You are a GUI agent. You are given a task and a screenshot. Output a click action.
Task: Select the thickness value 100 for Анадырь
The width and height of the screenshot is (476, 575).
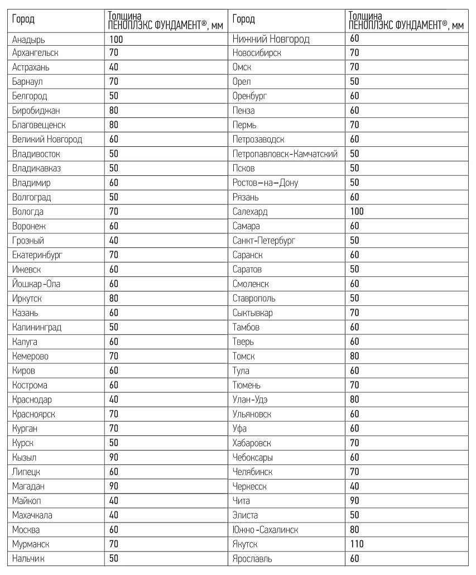(116, 39)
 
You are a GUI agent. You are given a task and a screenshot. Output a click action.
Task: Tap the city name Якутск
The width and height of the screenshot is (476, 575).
(245, 544)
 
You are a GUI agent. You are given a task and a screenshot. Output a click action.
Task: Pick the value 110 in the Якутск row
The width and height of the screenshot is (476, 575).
(357, 544)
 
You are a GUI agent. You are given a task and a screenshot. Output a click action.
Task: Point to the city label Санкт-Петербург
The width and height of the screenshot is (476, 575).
(264, 241)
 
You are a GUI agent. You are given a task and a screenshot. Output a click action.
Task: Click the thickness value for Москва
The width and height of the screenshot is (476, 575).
(114, 530)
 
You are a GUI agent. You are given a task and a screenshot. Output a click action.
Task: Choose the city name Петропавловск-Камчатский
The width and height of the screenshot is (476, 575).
(285, 154)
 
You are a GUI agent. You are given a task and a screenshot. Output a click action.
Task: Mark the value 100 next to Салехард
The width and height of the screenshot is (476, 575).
(357, 212)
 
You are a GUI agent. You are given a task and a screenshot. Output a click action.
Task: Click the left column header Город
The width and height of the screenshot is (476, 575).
(23, 20)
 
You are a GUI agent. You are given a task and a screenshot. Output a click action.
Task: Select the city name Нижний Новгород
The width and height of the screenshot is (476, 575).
(271, 39)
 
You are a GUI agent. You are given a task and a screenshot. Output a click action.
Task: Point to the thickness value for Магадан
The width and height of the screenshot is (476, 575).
(114, 486)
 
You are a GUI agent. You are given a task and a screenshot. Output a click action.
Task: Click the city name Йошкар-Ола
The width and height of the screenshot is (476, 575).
(36, 284)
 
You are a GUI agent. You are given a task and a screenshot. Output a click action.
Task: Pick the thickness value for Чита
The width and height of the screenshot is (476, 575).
(355, 501)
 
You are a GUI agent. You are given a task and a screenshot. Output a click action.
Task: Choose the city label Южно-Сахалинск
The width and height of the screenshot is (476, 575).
(265, 530)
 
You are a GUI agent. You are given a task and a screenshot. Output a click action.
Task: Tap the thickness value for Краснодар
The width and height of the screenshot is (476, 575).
(114, 400)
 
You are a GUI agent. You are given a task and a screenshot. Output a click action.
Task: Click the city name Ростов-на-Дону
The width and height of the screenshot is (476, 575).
(266, 183)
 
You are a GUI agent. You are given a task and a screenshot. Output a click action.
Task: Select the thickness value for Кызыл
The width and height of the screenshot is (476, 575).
(114, 457)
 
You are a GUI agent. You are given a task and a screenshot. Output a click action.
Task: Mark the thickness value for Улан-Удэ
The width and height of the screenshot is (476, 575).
(355, 400)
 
